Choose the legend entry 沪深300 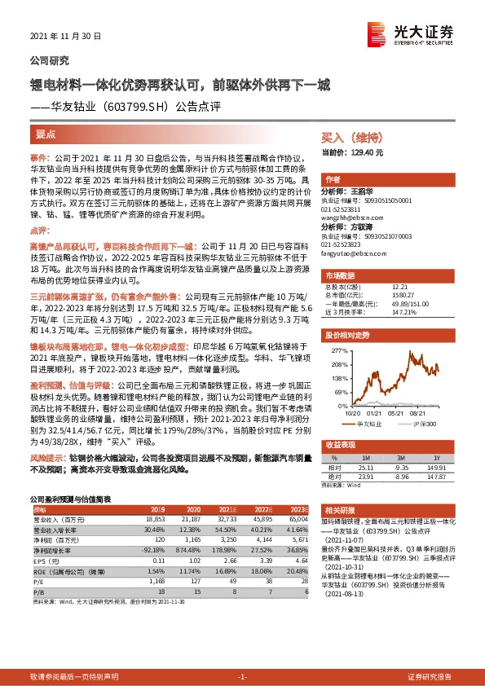(x=420, y=424)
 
